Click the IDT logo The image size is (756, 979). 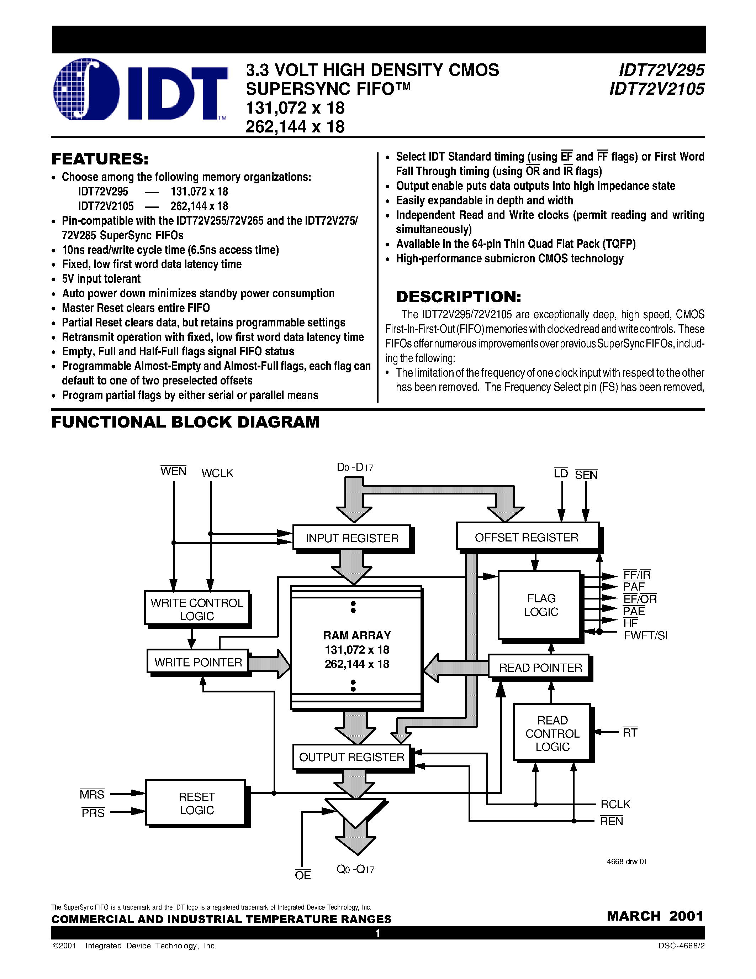[x=140, y=90]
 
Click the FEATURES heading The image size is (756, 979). [x=100, y=159]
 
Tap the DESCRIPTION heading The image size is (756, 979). [x=459, y=297]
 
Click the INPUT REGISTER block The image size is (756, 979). [x=352, y=538]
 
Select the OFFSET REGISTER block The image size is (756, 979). [x=527, y=537]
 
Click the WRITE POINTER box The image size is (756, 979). [x=198, y=662]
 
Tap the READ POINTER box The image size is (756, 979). [x=540, y=667]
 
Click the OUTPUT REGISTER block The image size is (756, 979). [x=351, y=757]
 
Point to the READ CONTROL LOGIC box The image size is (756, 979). [x=552, y=733]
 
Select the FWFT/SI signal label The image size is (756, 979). [x=645, y=635]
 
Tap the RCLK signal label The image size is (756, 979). [x=615, y=804]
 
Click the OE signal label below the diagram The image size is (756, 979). [x=303, y=875]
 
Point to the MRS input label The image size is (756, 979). [x=92, y=795]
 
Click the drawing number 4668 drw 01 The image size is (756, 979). [x=627, y=862]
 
